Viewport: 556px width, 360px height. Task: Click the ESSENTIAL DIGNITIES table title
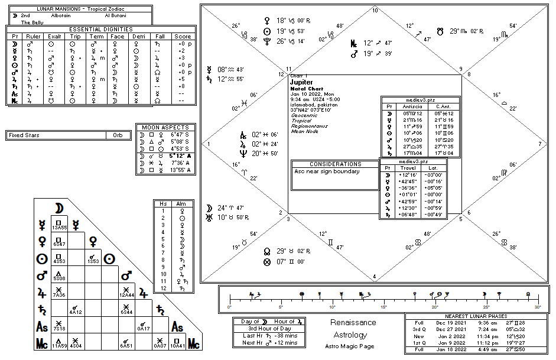tap(100, 29)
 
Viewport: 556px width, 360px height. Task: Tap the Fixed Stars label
tap(24, 135)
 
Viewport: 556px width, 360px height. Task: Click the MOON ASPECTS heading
tap(165, 127)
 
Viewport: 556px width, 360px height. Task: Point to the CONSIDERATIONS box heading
tap(335, 164)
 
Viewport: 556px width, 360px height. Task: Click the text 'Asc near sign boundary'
tap(320, 172)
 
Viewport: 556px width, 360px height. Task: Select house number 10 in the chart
tap(375, 10)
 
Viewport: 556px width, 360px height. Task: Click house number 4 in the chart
tap(375, 276)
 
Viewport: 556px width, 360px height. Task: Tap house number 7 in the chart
tap(539, 144)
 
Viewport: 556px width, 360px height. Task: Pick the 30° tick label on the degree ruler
tap(537, 308)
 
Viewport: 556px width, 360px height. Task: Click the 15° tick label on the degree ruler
tap(383, 308)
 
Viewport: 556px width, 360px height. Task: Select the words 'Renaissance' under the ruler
tap(353, 323)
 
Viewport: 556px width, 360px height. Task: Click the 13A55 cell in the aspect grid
tap(59, 227)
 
